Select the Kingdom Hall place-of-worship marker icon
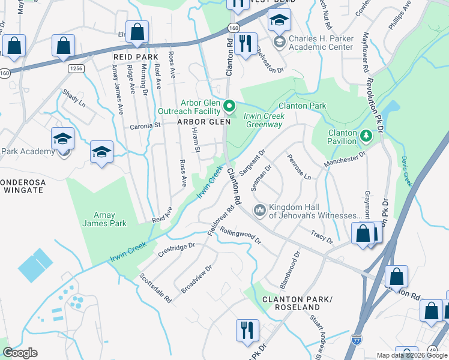260,210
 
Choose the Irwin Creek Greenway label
263,121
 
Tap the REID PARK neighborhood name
135,56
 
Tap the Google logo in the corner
19,353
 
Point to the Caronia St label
146,127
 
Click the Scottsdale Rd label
155,287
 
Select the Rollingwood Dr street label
241,235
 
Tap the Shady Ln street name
74,98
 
